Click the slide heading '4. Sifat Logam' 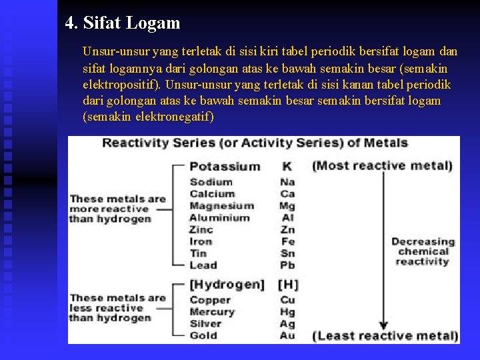click(x=123, y=23)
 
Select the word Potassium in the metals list click(x=225, y=166)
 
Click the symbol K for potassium click(x=287, y=166)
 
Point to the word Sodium click(x=211, y=182)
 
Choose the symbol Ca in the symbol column click(x=287, y=194)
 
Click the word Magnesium click(x=221, y=206)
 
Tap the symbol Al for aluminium click(x=287, y=218)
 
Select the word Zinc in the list click(x=201, y=229)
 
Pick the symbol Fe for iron click(x=287, y=241)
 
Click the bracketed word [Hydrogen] click(x=227, y=285)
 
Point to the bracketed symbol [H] click(x=289, y=285)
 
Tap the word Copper click(x=210, y=300)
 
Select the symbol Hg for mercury click(x=287, y=312)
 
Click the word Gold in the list click(x=203, y=335)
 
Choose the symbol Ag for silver click(x=287, y=324)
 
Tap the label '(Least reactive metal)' click(x=385, y=336)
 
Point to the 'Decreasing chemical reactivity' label click(x=423, y=251)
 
